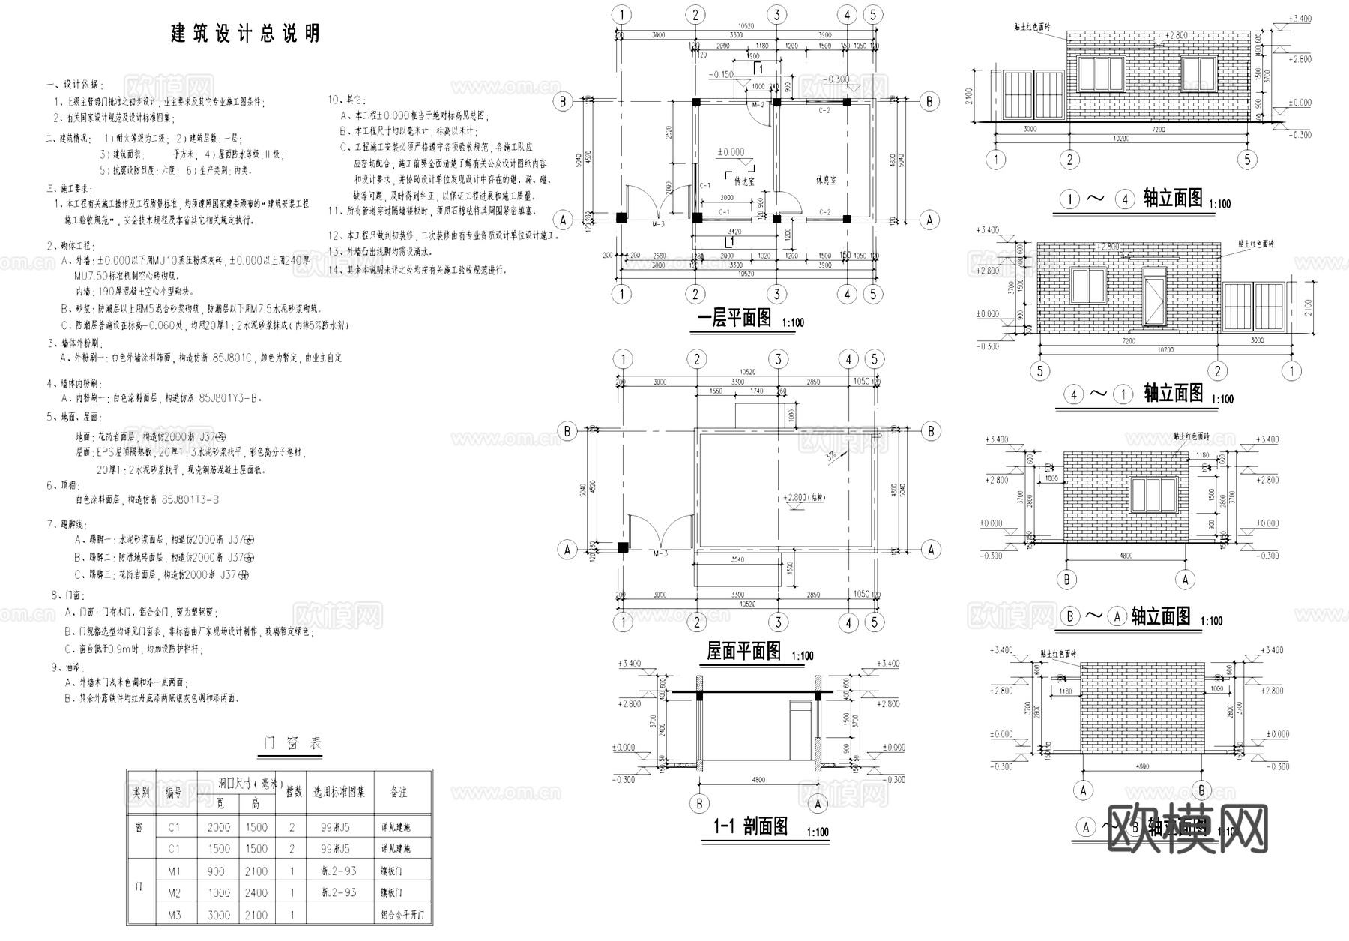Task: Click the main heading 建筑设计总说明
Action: pyautogui.click(x=245, y=34)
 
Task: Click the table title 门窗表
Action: pyautogui.click(x=292, y=743)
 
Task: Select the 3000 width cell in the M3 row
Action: pyautogui.click(x=219, y=915)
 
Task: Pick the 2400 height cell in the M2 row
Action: pyautogui.click(x=256, y=893)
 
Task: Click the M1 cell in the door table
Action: pyautogui.click(x=174, y=871)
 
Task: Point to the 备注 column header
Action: pyautogui.click(x=399, y=792)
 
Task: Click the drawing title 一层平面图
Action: pyautogui.click(x=734, y=318)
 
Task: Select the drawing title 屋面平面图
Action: pyautogui.click(x=743, y=651)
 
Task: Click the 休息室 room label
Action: pyautogui.click(x=826, y=181)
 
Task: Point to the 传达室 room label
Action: pyautogui.click(x=744, y=181)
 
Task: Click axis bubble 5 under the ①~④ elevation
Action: pyautogui.click(x=1247, y=160)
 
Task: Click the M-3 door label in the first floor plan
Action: pyautogui.click(x=659, y=224)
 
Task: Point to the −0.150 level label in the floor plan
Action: pyautogui.click(x=723, y=75)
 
